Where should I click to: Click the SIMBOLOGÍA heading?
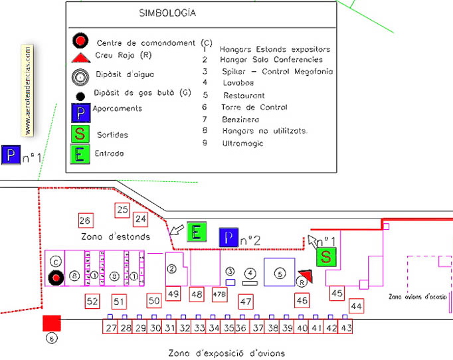click(x=167, y=13)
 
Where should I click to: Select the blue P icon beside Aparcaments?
click(x=80, y=112)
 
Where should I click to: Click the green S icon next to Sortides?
click(x=80, y=134)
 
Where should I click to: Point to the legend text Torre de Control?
click(x=255, y=107)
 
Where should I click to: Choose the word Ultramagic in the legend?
click(x=243, y=143)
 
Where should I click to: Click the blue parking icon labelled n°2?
click(x=228, y=237)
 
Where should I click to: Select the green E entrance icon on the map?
click(x=197, y=232)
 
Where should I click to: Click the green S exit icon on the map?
click(x=325, y=256)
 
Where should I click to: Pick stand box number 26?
click(x=84, y=221)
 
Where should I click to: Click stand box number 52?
click(x=92, y=302)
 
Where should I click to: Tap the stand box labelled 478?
click(x=219, y=293)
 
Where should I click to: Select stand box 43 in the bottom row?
click(x=345, y=327)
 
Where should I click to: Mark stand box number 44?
click(x=356, y=306)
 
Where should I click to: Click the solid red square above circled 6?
click(x=52, y=323)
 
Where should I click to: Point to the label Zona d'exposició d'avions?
click(x=226, y=353)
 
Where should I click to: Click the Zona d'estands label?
click(x=116, y=236)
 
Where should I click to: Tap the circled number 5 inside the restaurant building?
click(x=280, y=272)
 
